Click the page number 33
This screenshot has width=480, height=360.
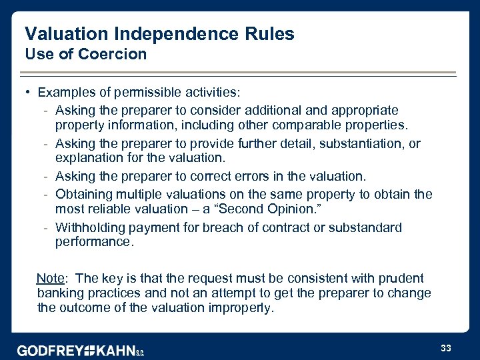446,348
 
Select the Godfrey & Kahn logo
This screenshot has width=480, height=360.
81,350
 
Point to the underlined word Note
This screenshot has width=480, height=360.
50,278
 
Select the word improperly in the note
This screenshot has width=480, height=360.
241,308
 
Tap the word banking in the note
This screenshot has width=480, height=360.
62,293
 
